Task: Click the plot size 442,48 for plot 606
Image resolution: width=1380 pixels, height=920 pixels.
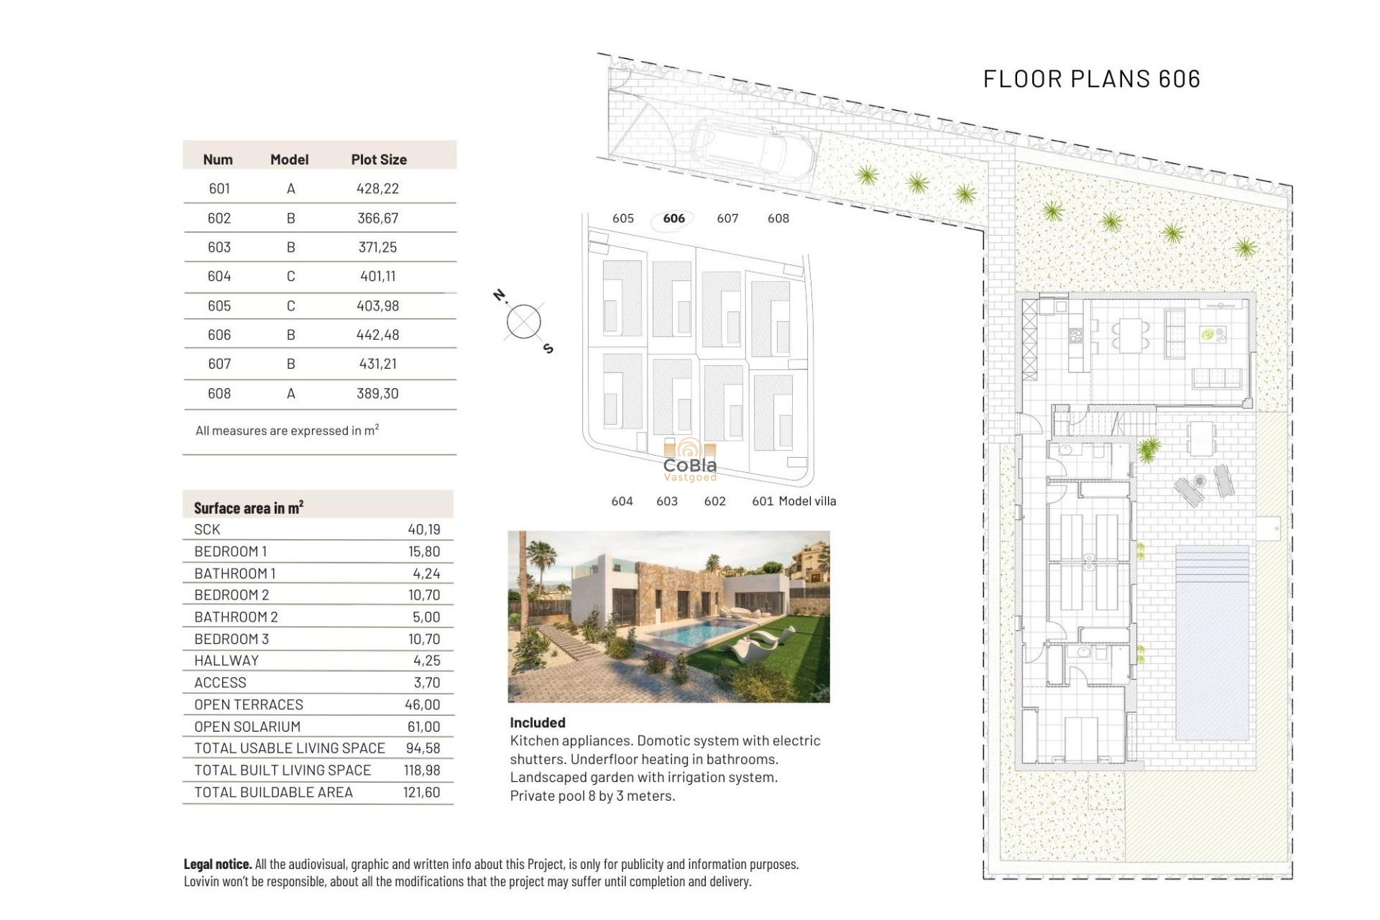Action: pyautogui.click(x=377, y=335)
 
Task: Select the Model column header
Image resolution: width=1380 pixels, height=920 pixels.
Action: pyautogui.click(x=289, y=160)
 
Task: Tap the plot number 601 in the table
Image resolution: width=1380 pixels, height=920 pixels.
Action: pyautogui.click(x=219, y=188)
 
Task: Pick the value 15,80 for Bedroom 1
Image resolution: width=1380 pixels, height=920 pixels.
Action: pyautogui.click(x=424, y=551)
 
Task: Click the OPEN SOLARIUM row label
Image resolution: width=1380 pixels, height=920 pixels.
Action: pyautogui.click(x=247, y=727)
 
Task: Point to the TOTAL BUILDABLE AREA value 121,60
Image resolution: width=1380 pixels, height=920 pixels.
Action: pyautogui.click(x=421, y=792)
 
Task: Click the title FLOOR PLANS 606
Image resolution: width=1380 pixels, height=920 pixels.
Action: pyautogui.click(x=1091, y=79)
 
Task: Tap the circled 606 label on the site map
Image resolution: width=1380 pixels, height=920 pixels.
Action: pyautogui.click(x=673, y=218)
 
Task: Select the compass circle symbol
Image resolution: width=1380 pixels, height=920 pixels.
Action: pyautogui.click(x=523, y=321)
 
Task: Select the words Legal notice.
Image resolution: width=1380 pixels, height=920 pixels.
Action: pyautogui.click(x=217, y=864)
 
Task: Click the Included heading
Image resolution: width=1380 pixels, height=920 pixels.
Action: pyautogui.click(x=537, y=722)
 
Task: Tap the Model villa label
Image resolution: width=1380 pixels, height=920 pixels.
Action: pyautogui.click(x=807, y=501)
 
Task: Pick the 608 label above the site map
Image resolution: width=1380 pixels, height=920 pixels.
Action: pyautogui.click(x=778, y=218)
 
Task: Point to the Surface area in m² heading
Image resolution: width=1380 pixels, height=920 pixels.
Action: pyautogui.click(x=248, y=507)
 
